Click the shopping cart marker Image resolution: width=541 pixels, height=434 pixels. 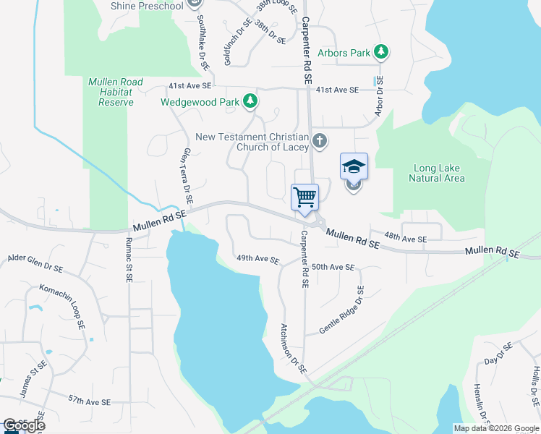point(304,197)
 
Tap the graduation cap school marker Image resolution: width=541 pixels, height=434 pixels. point(354,167)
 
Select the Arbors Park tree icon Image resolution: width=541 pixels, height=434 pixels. point(382,52)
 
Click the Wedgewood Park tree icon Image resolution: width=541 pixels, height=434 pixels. point(250,101)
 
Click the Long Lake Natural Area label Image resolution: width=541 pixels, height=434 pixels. point(436,173)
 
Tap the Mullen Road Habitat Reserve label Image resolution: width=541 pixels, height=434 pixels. point(116,92)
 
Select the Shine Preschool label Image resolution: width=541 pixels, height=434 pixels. point(148,6)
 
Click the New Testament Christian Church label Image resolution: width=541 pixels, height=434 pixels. point(252,142)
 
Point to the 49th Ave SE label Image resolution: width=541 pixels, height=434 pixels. point(258,259)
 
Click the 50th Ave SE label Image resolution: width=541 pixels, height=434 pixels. point(333,267)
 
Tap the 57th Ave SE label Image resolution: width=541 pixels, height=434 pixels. point(89,400)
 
